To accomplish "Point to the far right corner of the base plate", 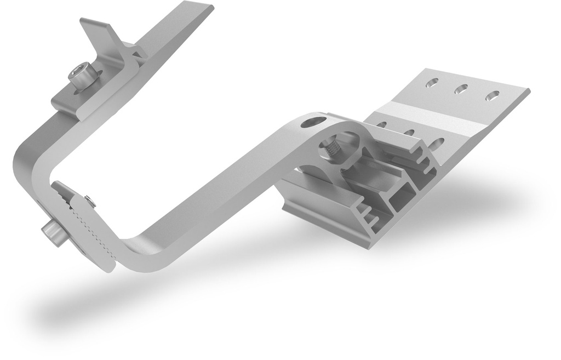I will (529, 90).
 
